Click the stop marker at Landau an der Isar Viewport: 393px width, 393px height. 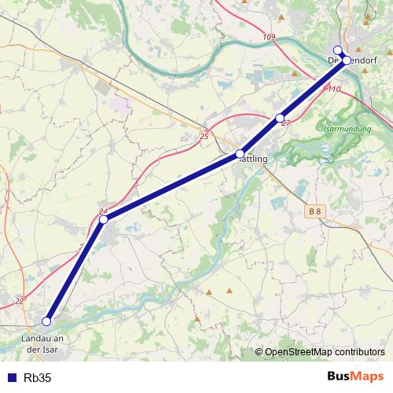46,321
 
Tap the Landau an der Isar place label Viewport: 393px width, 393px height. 41,343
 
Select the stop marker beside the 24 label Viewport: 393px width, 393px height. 103,219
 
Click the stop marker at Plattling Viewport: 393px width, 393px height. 241,154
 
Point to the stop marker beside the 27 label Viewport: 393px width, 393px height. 280,118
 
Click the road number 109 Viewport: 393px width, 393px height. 270,37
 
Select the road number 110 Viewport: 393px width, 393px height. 334,89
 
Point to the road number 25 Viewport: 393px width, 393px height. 204,136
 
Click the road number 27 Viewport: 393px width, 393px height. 286,123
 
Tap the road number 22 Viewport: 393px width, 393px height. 20,301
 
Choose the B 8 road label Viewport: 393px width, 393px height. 315,211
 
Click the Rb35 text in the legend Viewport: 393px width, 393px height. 38,377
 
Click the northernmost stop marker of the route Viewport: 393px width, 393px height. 338,50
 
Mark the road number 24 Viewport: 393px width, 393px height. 102,211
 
